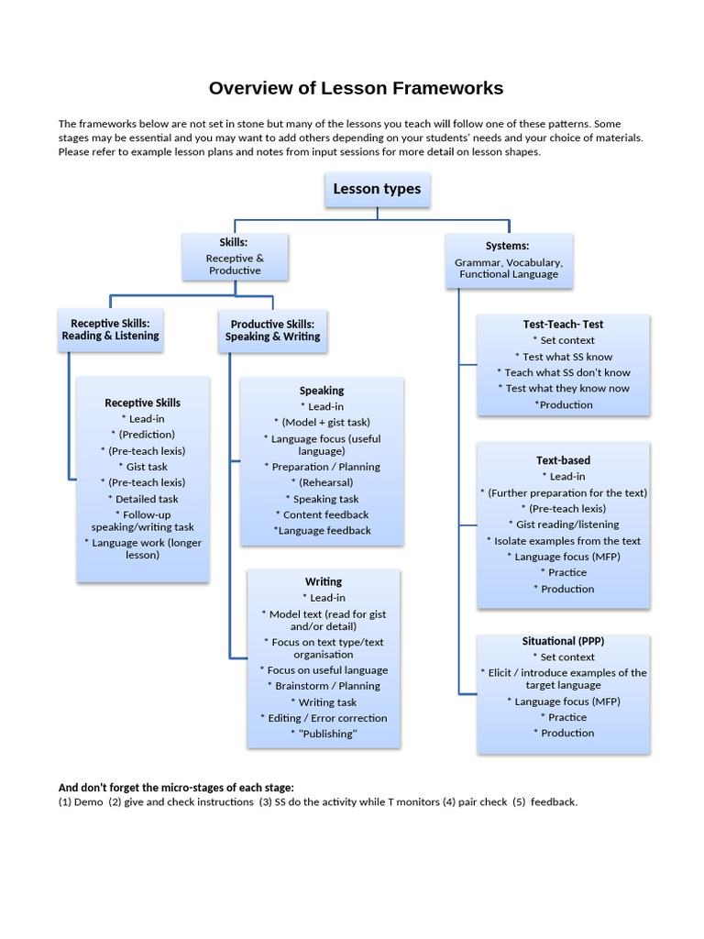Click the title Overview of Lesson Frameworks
point(356,88)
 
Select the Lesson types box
point(377,189)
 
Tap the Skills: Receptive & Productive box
point(235,257)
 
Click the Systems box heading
point(507,246)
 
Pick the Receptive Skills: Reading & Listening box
point(110,330)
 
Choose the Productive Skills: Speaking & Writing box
point(272,331)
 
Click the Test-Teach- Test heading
point(563,325)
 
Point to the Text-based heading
point(563,460)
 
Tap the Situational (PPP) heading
point(563,641)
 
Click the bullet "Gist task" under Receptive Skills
point(142,467)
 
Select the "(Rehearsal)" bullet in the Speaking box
point(322,482)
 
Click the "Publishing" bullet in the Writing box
point(323,734)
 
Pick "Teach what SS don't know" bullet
point(563,372)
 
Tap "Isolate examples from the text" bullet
point(563,541)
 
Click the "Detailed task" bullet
point(142,499)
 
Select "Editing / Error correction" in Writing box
point(323,718)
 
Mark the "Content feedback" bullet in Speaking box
point(322,514)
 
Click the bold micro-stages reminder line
point(176,788)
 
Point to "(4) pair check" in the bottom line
point(475,802)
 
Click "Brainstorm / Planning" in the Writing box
point(323,686)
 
